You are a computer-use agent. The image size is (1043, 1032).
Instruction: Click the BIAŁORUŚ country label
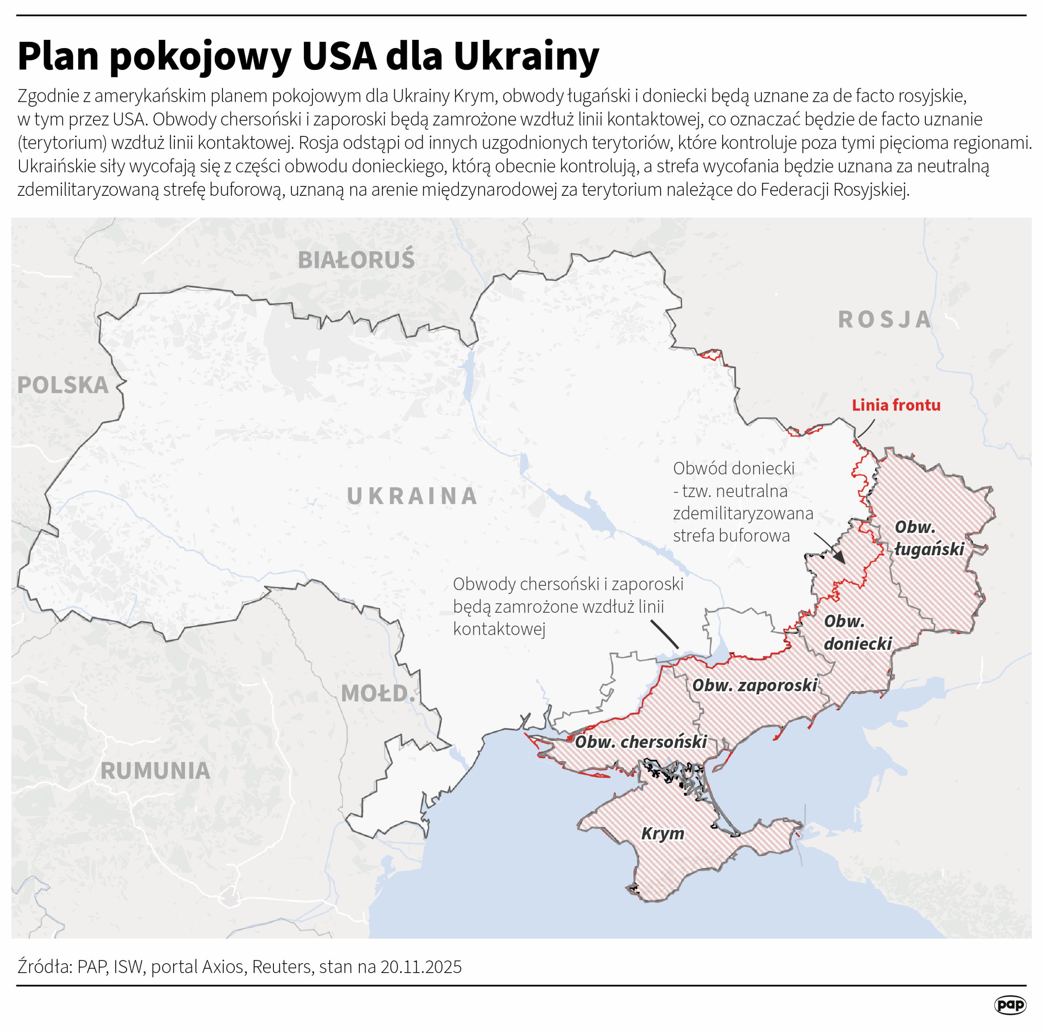coord(356,260)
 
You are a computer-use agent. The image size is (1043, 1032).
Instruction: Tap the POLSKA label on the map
coord(63,385)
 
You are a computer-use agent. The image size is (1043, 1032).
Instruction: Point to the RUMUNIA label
coord(156,771)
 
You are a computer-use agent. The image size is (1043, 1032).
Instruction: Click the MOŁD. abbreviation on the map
coord(378,694)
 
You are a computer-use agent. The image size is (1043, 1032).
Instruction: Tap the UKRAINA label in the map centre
coord(412,496)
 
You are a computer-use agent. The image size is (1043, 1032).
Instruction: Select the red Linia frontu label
coord(896,405)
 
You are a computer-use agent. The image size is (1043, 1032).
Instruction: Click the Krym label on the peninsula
coord(662,833)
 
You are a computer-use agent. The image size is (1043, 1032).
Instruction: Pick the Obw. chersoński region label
coord(641,742)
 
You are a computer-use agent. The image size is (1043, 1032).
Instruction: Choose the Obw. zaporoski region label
coord(755,686)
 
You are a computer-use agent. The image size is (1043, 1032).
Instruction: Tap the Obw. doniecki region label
coord(857,632)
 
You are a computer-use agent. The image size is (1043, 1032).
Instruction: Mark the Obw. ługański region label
coord(929,538)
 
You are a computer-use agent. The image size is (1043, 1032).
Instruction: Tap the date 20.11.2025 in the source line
coord(421,967)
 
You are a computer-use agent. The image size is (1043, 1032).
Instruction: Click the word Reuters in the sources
coord(282,967)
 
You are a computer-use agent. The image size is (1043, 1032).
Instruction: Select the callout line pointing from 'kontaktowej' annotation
coord(665,634)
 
